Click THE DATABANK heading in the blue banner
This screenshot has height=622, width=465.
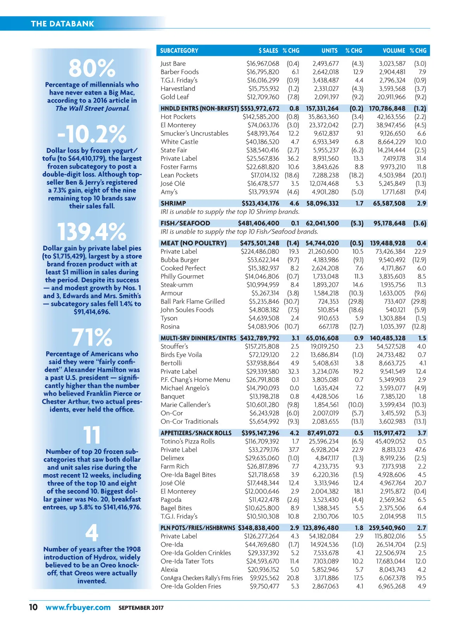click(62, 24)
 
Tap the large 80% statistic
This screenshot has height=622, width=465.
click(92, 68)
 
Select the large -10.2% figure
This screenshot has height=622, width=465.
click(92, 134)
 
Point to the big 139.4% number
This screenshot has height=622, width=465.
click(92, 232)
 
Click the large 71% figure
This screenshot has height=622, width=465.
click(92, 337)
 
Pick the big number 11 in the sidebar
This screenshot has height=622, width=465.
click(92, 435)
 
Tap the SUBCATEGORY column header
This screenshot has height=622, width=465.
click(179, 51)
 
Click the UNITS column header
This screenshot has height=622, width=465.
click(329, 51)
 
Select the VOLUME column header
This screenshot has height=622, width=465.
click(394, 51)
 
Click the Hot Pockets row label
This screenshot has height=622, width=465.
click(178, 117)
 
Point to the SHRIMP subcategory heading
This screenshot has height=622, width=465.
click(173, 203)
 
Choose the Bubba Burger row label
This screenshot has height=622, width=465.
click(180, 260)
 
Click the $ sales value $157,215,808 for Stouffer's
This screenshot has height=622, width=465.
click(262, 347)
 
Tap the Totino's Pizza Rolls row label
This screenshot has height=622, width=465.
click(188, 442)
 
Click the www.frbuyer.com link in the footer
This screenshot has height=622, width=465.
click(78, 607)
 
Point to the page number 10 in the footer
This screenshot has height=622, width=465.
click(33, 607)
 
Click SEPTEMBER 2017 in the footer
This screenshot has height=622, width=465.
click(141, 608)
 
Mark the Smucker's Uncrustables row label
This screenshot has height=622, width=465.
click(195, 134)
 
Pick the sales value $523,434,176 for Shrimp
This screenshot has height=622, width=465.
click(260, 203)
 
